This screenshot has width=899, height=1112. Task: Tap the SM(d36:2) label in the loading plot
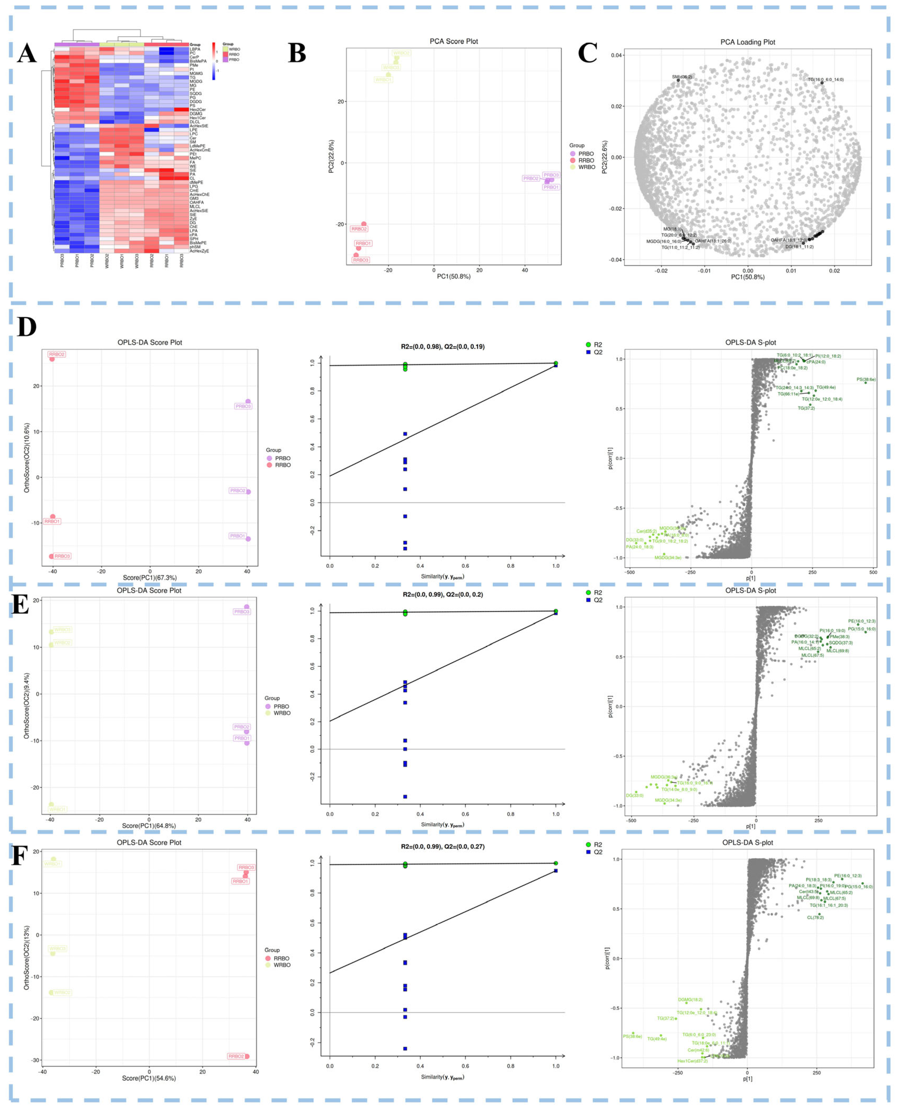(x=682, y=77)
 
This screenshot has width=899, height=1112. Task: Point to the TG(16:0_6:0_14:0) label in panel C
(x=825, y=80)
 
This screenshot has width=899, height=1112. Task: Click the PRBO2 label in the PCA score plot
(x=531, y=179)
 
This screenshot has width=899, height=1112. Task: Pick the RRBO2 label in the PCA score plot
(x=359, y=229)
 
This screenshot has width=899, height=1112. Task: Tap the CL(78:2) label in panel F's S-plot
(x=815, y=917)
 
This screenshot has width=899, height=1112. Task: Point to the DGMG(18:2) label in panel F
(x=690, y=1000)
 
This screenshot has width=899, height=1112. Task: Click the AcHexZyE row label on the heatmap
(x=199, y=251)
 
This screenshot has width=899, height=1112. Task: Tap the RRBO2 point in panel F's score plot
(x=247, y=1056)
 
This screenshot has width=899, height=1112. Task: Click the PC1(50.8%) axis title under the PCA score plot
(x=454, y=276)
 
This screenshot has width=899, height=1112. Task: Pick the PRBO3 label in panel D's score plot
(x=243, y=406)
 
